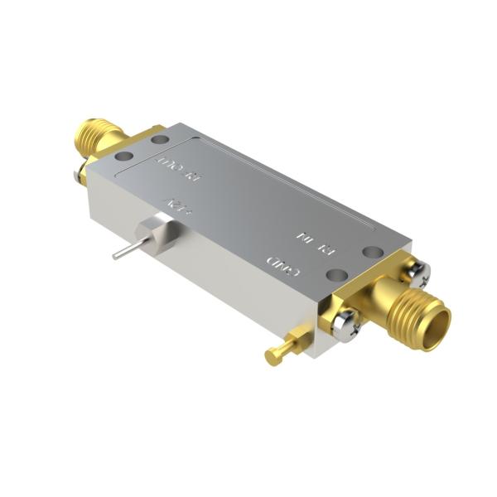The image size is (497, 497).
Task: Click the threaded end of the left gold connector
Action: [90, 137]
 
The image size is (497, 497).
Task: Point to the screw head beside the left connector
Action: [81, 174]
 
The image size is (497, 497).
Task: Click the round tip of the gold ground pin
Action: [272, 357]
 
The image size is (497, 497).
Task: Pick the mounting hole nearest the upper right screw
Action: [374, 251]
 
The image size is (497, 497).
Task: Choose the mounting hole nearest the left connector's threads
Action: [159, 139]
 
